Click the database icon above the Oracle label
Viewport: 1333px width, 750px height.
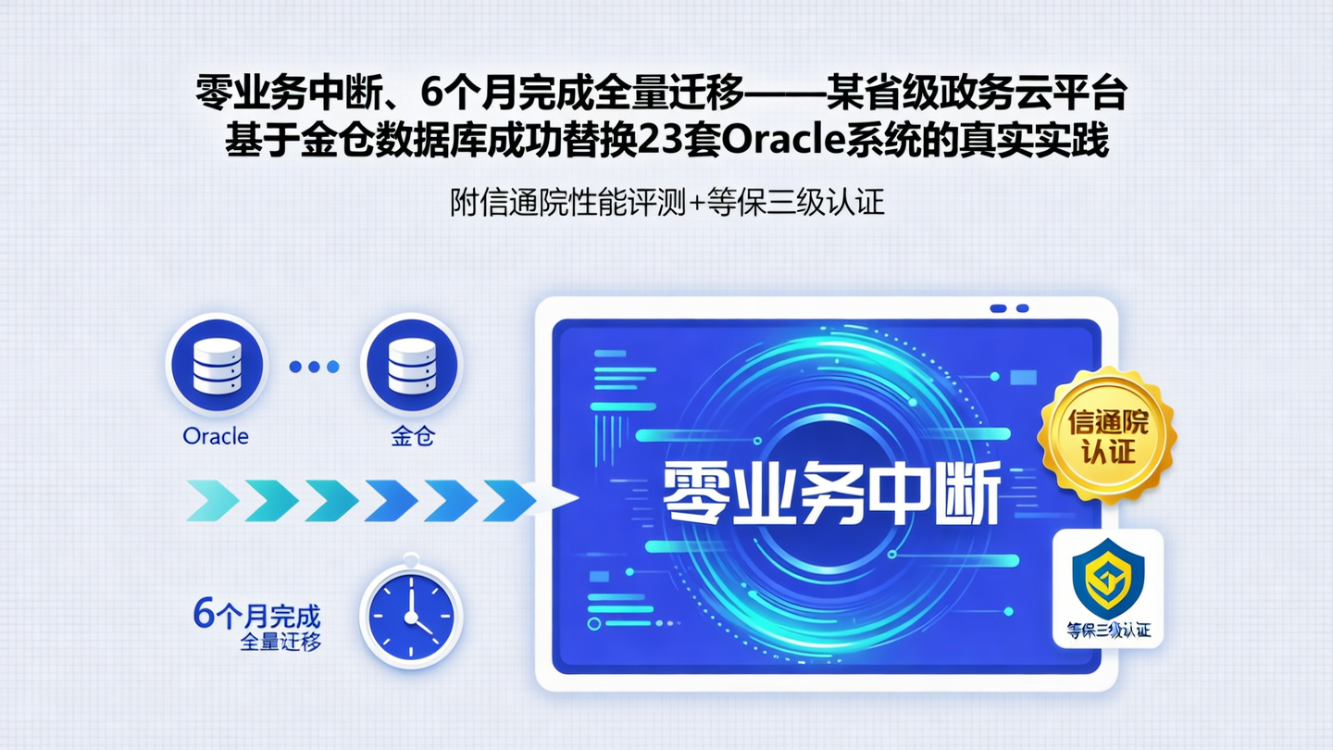tap(217, 364)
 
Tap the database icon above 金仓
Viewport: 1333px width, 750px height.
tap(412, 364)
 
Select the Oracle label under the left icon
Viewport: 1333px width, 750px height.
tap(216, 436)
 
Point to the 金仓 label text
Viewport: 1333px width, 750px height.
tap(413, 436)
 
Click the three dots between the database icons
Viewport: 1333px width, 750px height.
tap(314, 367)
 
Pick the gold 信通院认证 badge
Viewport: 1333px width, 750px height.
tap(1107, 437)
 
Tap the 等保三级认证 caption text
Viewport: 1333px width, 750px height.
tap(1108, 631)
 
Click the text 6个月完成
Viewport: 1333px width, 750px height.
tap(256, 614)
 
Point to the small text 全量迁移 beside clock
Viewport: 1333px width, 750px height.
tap(280, 642)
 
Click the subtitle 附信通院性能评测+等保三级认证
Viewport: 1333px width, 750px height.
tap(666, 202)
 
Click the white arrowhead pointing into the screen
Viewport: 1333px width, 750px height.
tap(559, 500)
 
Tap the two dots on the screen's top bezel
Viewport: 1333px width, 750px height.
tap(1009, 308)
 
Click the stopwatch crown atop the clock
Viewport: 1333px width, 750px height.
tap(411, 560)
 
